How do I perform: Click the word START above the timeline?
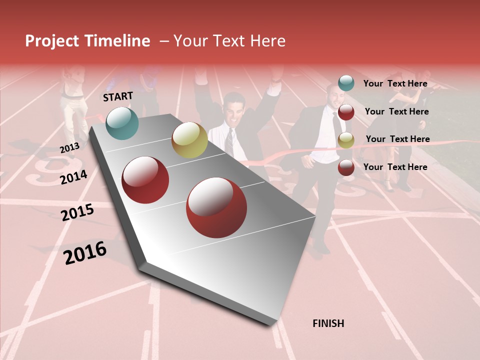(x=118, y=96)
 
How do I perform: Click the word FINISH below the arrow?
(x=328, y=323)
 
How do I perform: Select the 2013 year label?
(x=69, y=148)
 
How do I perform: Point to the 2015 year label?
(x=77, y=212)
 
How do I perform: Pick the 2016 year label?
(x=85, y=253)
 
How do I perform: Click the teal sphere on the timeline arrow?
(x=122, y=123)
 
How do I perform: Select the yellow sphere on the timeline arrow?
(x=189, y=140)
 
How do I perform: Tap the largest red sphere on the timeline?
(x=216, y=207)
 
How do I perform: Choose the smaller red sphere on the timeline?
(x=145, y=180)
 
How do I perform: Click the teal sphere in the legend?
(x=346, y=83)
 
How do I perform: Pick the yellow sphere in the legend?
(x=346, y=140)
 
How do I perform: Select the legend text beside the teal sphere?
(x=395, y=84)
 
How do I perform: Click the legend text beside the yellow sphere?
(x=397, y=139)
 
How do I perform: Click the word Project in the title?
(x=52, y=41)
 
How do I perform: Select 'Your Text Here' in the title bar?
(x=229, y=41)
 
